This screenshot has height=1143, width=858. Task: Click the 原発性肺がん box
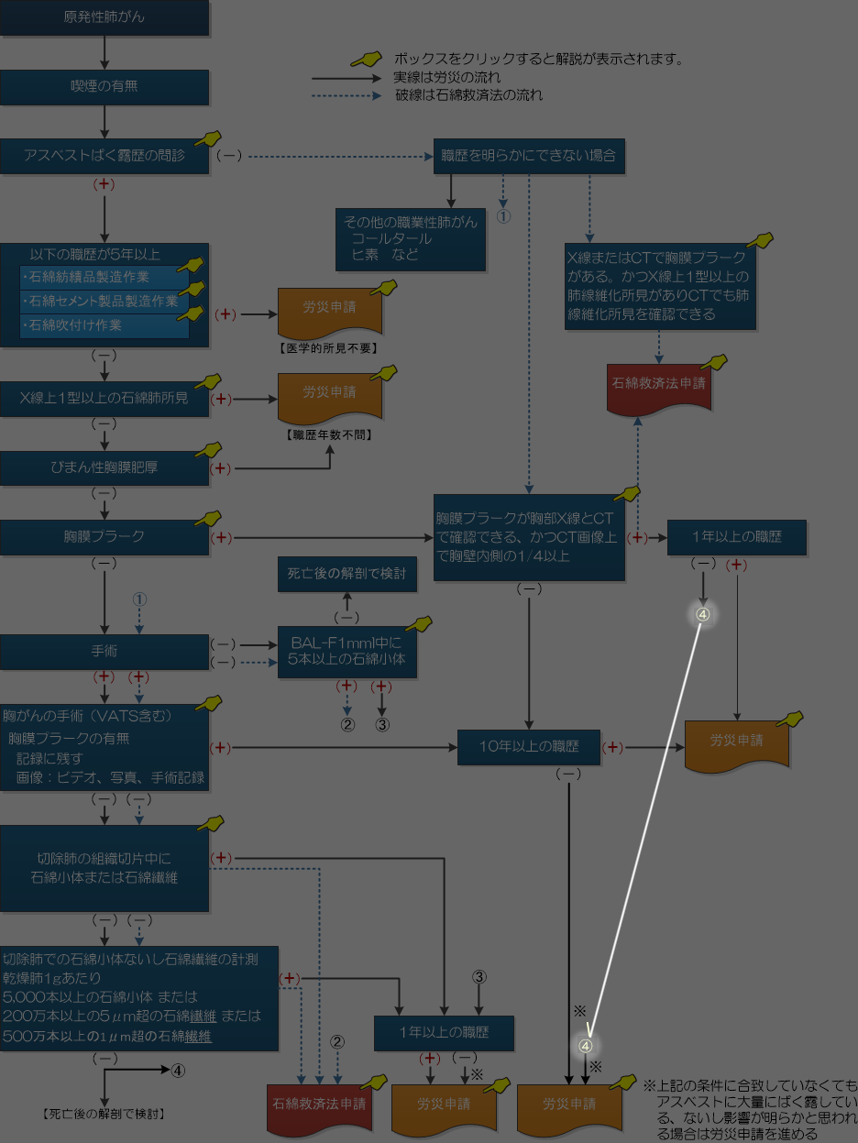pyautogui.click(x=104, y=17)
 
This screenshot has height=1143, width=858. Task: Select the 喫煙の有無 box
pyautogui.click(x=104, y=86)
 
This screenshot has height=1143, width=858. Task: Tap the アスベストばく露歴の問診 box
pyautogui.click(x=104, y=156)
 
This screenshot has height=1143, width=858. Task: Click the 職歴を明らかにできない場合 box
pyautogui.click(x=529, y=156)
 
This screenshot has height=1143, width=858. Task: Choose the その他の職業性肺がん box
pyautogui.click(x=411, y=238)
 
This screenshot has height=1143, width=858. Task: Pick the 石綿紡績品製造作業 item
pyautogui.click(x=104, y=276)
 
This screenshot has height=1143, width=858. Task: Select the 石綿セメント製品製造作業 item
pyautogui.click(x=104, y=301)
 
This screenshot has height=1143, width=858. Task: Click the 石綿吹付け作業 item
pyautogui.click(x=104, y=325)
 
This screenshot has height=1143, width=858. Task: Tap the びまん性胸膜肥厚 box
pyautogui.click(x=104, y=467)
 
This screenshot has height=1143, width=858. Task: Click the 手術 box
pyautogui.click(x=104, y=652)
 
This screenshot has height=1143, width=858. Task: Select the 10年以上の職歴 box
pyautogui.click(x=529, y=746)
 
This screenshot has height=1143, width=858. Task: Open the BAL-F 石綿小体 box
pyautogui.click(x=347, y=651)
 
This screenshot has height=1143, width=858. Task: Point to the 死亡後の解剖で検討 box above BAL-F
pyautogui.click(x=347, y=575)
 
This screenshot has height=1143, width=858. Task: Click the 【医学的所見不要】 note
pyautogui.click(x=329, y=348)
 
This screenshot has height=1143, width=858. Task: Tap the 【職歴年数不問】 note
pyautogui.click(x=329, y=434)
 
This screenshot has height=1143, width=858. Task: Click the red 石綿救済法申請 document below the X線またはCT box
pyautogui.click(x=658, y=384)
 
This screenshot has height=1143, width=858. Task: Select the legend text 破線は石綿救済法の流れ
pyautogui.click(x=468, y=94)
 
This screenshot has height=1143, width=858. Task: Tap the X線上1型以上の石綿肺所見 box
pyautogui.click(x=104, y=399)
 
